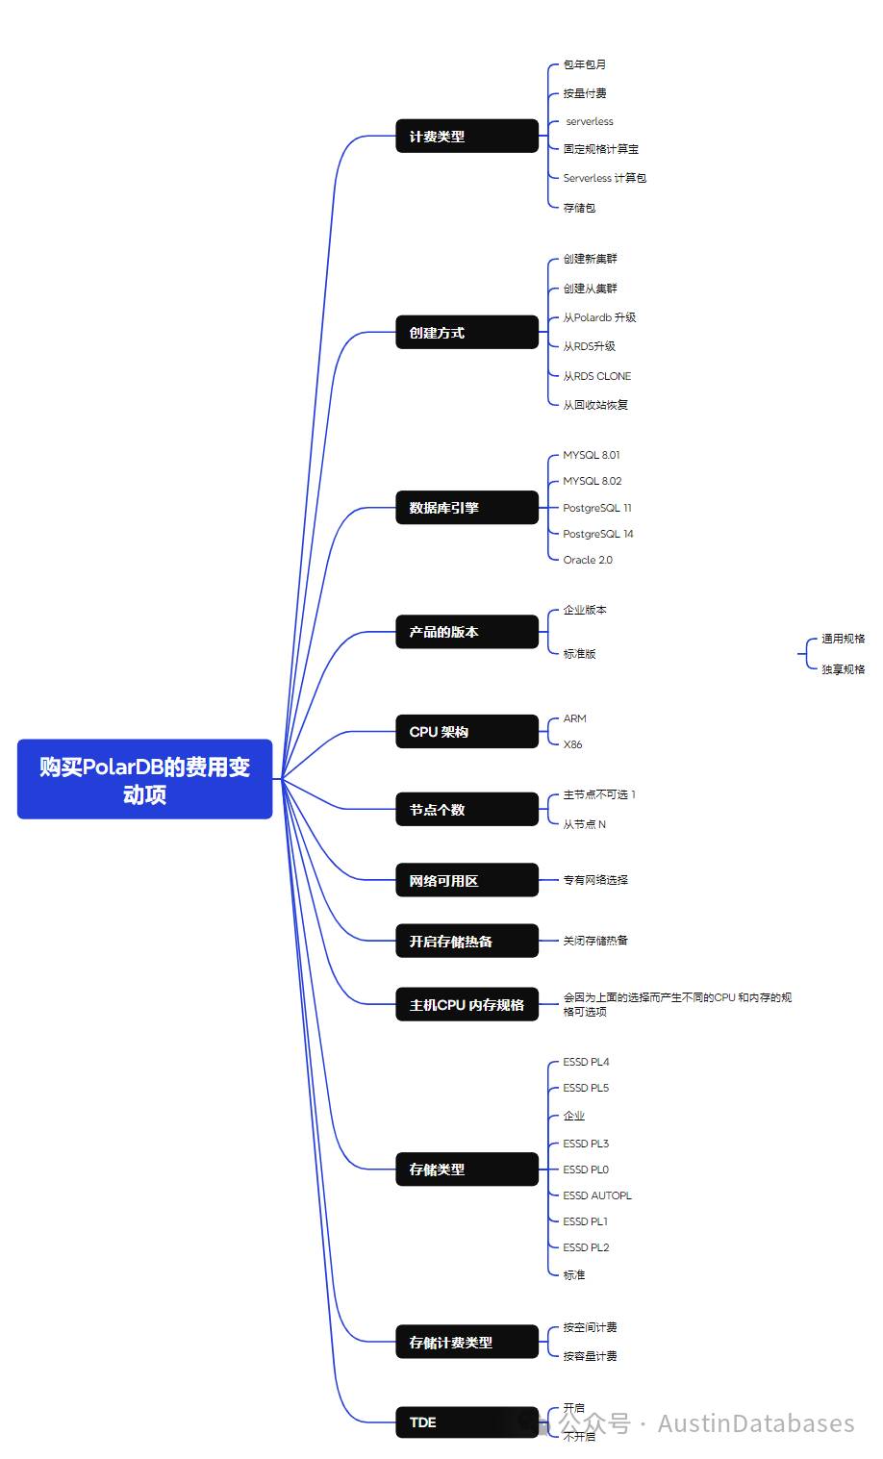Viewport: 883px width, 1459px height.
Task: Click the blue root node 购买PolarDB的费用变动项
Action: tap(144, 779)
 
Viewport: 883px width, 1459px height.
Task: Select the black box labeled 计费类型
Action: tap(467, 137)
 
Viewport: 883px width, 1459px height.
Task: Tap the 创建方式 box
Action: tap(467, 333)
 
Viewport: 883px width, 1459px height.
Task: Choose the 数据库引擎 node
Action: tap(467, 508)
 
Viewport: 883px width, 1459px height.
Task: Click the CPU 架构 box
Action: tap(467, 732)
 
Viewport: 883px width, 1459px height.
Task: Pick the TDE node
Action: tap(467, 1422)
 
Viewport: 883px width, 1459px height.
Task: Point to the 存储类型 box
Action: tap(467, 1170)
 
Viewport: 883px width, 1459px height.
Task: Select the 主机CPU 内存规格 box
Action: tap(467, 1005)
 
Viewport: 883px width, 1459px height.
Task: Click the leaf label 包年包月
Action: tap(585, 64)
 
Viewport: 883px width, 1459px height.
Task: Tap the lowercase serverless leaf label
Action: tap(590, 121)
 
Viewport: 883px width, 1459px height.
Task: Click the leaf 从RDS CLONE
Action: tap(597, 376)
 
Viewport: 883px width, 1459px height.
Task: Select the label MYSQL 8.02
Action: tap(593, 481)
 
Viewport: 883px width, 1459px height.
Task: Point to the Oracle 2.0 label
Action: tap(588, 560)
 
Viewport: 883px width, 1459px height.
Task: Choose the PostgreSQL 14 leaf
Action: tap(598, 534)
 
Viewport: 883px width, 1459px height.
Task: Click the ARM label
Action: tap(575, 718)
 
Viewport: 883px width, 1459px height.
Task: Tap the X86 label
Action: tap(573, 744)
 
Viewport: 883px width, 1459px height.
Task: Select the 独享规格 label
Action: tap(843, 669)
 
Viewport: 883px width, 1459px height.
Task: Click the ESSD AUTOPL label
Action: tap(597, 1195)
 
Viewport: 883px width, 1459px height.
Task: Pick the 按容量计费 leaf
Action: tap(591, 1356)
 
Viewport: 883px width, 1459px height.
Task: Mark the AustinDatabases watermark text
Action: tap(756, 1423)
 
